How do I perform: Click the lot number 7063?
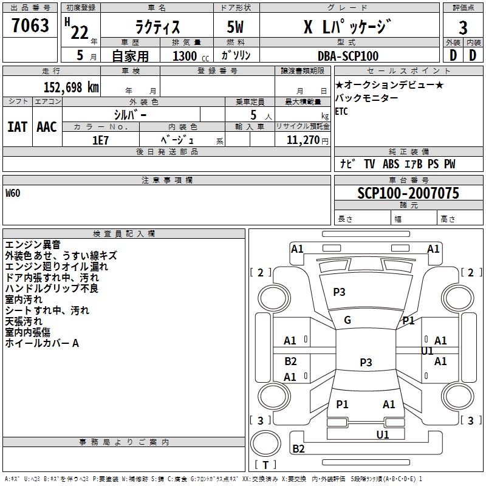tap(30, 26)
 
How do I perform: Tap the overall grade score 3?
tap(463, 27)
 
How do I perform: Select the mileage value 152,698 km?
tap(71, 87)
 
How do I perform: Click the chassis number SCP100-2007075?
tap(408, 193)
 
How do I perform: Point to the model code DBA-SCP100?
tap(348, 56)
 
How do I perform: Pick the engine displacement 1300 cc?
tap(191, 56)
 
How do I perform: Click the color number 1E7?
tap(100, 140)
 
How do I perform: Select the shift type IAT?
tap(17, 127)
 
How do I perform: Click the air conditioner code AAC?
tap(47, 127)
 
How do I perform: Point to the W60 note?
tap(13, 193)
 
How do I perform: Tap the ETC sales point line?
tap(341, 111)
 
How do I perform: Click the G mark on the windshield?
tap(347, 320)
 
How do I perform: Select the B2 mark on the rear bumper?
tap(298, 448)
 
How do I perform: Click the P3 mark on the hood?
tap(339, 292)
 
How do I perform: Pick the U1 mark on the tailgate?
tap(383, 434)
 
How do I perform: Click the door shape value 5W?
tap(236, 27)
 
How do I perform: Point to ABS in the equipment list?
tap(391, 164)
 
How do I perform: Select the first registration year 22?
tap(80, 32)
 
